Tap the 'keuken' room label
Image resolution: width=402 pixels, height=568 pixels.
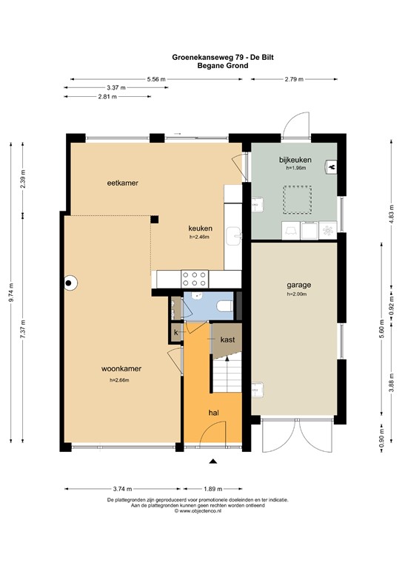(200, 229)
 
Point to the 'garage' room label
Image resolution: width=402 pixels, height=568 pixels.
(298, 285)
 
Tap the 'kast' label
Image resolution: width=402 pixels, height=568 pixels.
(227, 339)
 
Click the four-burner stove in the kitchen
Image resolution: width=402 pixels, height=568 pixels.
(194, 278)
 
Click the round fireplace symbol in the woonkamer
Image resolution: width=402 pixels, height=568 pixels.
(70, 282)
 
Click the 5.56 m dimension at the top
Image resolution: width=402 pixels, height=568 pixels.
(155, 78)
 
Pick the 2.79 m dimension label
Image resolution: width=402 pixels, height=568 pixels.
(294, 78)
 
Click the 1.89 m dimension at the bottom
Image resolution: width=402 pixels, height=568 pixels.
(215, 488)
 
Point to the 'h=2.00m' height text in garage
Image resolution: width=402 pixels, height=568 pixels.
(298, 294)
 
